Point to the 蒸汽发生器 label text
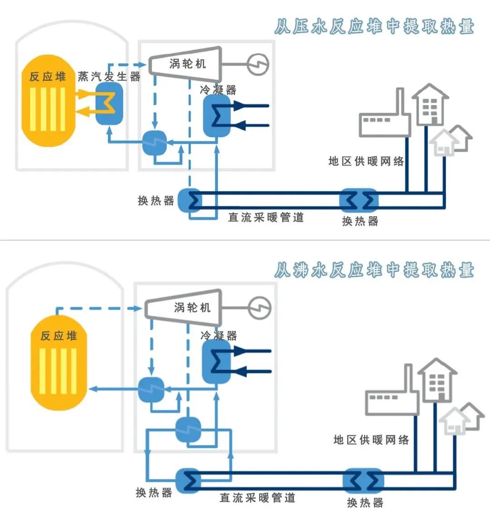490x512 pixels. [x=109, y=76]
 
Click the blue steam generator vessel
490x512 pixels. [x=109, y=104]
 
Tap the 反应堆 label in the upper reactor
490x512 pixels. [x=48, y=76]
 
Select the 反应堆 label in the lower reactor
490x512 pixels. [x=59, y=336]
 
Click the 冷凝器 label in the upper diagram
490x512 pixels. [x=218, y=90]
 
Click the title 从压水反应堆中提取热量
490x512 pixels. [x=374, y=27]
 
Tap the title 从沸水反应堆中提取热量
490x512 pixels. [x=374, y=270]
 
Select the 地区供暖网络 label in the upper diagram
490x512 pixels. [x=366, y=161]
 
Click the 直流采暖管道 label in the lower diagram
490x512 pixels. [x=257, y=497]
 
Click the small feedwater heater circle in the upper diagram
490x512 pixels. [x=155, y=142]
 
